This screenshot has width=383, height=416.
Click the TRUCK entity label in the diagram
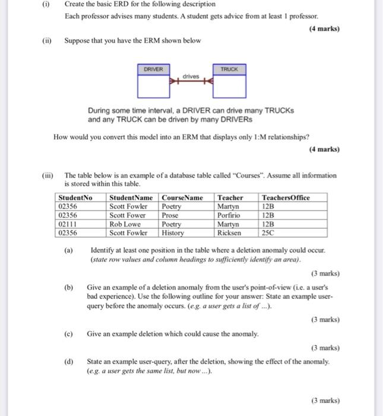229,70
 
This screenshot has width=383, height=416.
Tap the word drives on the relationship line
191,77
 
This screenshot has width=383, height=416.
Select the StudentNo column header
75,198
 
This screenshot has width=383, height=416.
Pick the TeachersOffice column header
286,198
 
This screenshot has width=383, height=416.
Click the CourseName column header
182,198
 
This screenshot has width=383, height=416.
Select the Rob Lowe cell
125,225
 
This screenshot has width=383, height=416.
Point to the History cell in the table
173,233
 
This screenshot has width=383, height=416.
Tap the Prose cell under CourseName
170,215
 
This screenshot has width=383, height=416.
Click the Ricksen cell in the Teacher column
229,233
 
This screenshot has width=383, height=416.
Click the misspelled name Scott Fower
128,215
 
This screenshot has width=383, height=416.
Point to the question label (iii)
48,175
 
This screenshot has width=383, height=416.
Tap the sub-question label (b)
68,286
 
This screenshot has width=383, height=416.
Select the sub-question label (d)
68,361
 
